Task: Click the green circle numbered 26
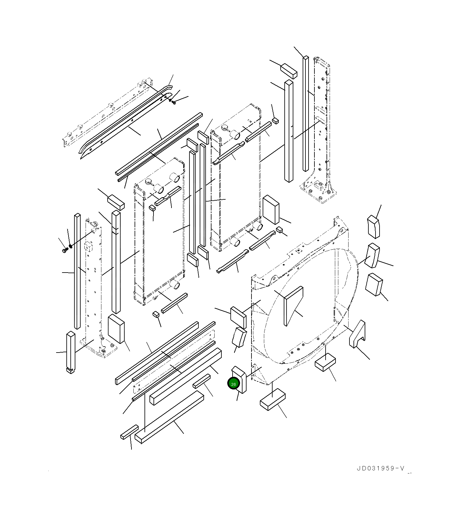click(x=233, y=384)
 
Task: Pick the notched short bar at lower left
click(x=70, y=353)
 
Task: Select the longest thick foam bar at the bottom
click(x=169, y=416)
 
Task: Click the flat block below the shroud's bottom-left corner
click(x=272, y=399)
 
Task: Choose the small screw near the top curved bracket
click(x=174, y=102)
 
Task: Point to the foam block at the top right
click(x=289, y=71)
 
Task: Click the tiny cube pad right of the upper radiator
click(x=275, y=120)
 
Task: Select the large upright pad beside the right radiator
click(x=271, y=210)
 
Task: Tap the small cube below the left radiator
click(x=156, y=315)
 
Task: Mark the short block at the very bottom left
click(x=129, y=432)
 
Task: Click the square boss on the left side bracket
click(x=89, y=247)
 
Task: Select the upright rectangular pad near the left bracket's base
click(x=116, y=329)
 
